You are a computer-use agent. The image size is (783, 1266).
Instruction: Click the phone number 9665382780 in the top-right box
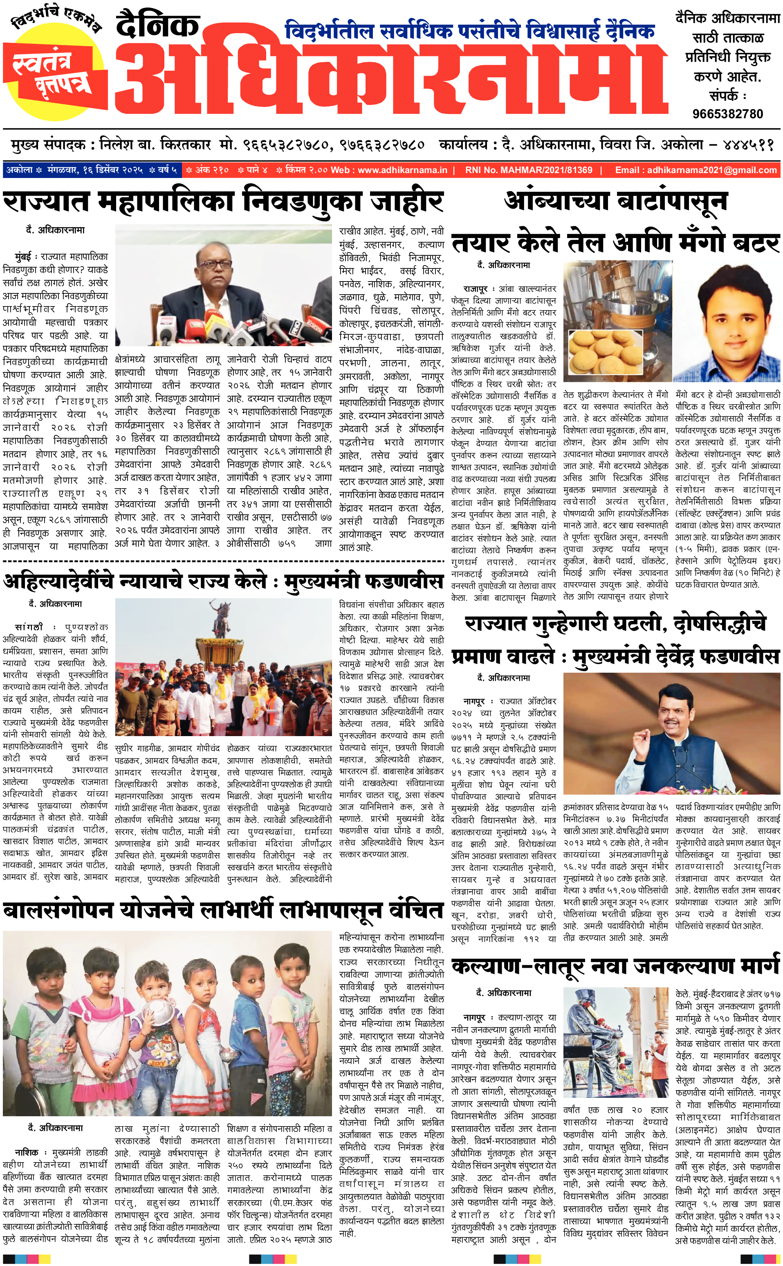point(727,113)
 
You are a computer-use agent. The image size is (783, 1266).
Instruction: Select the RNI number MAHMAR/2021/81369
point(529,170)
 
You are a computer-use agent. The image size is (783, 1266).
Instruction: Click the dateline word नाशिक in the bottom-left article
point(27,1153)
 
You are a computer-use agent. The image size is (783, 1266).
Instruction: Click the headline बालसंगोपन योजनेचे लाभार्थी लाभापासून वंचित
point(223,911)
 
